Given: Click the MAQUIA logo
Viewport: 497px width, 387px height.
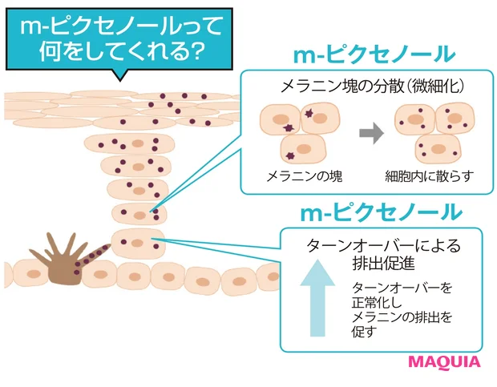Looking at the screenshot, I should [444, 361].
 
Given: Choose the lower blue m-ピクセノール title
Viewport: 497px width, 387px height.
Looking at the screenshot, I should [380, 212].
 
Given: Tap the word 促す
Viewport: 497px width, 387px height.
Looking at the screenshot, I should [363, 332].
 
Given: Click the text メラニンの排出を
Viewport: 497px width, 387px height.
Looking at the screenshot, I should [400, 317].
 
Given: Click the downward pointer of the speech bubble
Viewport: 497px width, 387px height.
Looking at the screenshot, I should [120, 76].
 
